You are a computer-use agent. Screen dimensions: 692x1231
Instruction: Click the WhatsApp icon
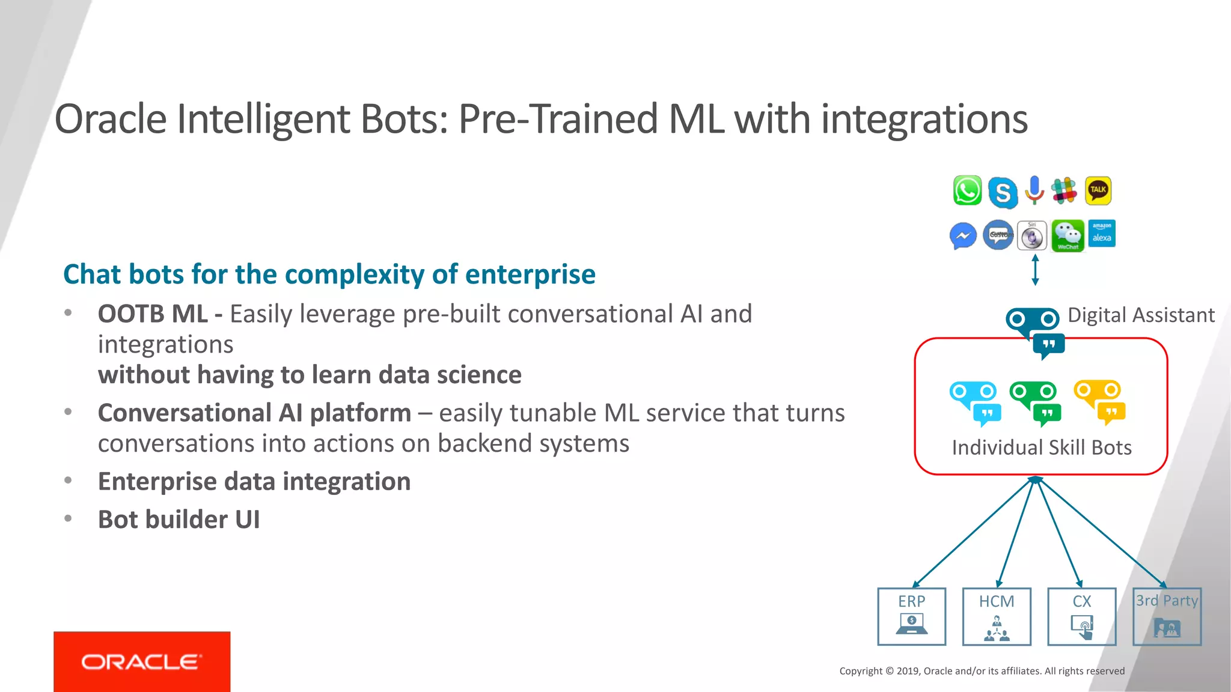[x=967, y=190]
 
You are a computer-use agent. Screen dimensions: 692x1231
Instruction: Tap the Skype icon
[x=1002, y=192]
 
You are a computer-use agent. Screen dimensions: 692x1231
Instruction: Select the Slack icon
[x=1064, y=190]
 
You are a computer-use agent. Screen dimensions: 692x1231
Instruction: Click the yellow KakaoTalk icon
[x=1098, y=190]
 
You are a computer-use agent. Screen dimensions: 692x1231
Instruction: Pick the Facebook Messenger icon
[x=963, y=236]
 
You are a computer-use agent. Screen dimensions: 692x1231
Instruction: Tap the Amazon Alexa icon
[x=1102, y=233]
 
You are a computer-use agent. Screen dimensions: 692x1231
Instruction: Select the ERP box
[x=911, y=616]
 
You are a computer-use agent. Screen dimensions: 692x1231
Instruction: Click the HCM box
[x=997, y=616]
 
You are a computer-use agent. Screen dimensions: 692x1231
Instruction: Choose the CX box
[x=1081, y=616]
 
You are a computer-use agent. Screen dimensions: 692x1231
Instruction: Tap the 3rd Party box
[x=1167, y=616]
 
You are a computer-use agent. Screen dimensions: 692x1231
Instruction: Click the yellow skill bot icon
[x=1099, y=401]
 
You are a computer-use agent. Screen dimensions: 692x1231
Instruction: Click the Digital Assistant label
[x=1141, y=315]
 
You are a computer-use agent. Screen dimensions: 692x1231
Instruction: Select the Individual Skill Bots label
[x=1042, y=448]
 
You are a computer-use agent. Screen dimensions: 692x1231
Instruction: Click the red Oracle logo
[x=142, y=661]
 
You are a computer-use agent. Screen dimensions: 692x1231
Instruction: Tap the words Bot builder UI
[x=179, y=520]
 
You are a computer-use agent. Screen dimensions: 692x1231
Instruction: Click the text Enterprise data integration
[x=254, y=482]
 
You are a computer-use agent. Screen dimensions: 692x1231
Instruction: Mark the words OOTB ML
[x=153, y=314]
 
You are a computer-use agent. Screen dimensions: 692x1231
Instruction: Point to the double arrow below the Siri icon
[x=1035, y=270]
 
